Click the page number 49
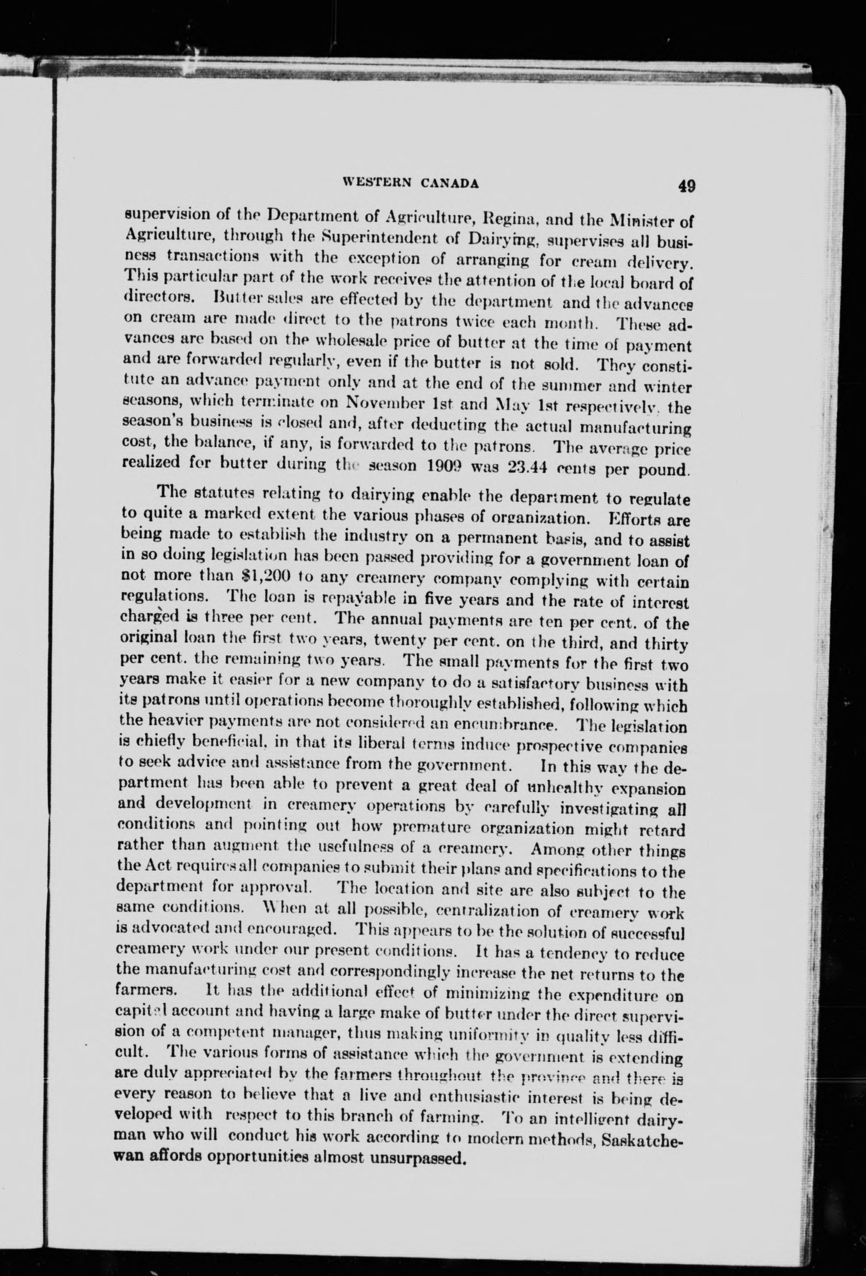686,185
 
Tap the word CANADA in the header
451,183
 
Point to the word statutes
227,495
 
